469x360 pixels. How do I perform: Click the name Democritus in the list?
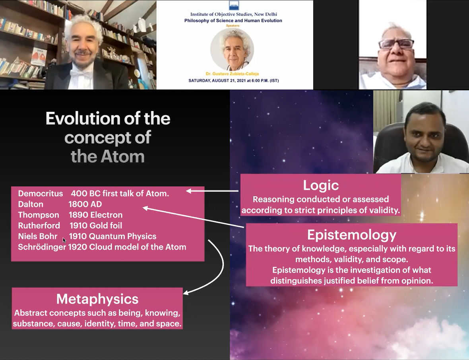click(x=41, y=193)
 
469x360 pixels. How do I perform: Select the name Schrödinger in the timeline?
click(x=42, y=247)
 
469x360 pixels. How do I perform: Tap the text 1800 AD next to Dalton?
click(x=85, y=204)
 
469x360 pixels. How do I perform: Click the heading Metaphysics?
click(x=97, y=299)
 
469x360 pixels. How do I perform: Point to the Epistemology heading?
click(x=352, y=235)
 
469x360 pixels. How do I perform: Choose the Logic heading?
click(x=321, y=185)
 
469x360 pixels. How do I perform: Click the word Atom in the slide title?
click(x=123, y=156)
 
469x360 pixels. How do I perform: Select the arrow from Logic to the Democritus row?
click(x=212, y=191)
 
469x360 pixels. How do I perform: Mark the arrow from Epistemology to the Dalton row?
click(x=193, y=217)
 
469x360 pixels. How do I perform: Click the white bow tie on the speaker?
click(x=80, y=73)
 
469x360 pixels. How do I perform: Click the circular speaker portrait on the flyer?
click(x=232, y=49)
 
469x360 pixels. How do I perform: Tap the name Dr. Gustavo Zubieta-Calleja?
click(x=233, y=74)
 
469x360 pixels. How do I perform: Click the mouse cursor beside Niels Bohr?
click(x=64, y=240)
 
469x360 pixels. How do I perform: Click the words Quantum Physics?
click(x=123, y=236)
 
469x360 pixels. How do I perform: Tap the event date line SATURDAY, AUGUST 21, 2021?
click(x=234, y=80)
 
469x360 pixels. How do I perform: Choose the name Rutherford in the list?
click(x=39, y=225)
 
